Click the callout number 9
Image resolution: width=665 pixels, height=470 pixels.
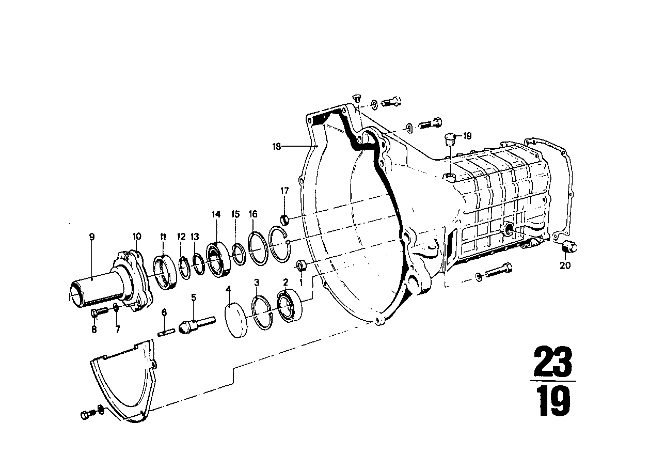point(91,237)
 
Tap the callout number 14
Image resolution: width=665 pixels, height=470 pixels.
point(216,214)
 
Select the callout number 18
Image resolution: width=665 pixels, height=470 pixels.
point(276,146)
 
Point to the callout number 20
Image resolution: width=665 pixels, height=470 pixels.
point(565,265)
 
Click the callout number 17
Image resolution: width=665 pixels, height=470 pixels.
point(284,191)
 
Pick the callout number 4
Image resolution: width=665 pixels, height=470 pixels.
point(228,289)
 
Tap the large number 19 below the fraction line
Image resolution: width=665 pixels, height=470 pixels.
point(554,401)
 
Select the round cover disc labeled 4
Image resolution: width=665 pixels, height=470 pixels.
point(236,320)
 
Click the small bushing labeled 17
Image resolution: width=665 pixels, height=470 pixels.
point(285,220)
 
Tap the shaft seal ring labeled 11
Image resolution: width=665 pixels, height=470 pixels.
point(165,272)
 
